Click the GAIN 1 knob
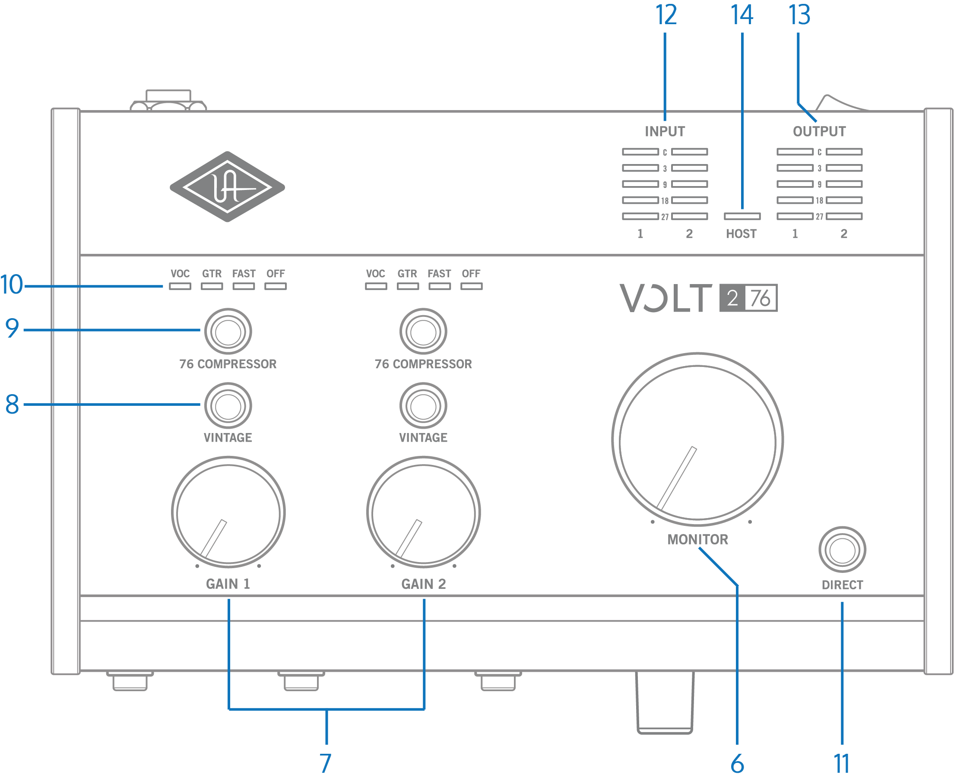coord(228,512)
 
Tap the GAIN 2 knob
coord(423,512)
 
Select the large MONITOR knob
coord(697,440)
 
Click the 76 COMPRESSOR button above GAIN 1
coord(228,332)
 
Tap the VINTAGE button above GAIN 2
coord(423,406)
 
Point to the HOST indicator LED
coord(742,216)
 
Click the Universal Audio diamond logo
coord(227,187)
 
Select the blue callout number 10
coord(12,285)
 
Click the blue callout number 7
coord(326,763)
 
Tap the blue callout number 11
coord(842,764)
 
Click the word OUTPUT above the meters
coord(819,131)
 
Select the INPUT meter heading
coord(665,131)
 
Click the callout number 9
coord(12,329)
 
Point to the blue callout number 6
coord(737,764)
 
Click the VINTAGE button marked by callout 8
coord(228,406)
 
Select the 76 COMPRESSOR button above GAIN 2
coord(423,332)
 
